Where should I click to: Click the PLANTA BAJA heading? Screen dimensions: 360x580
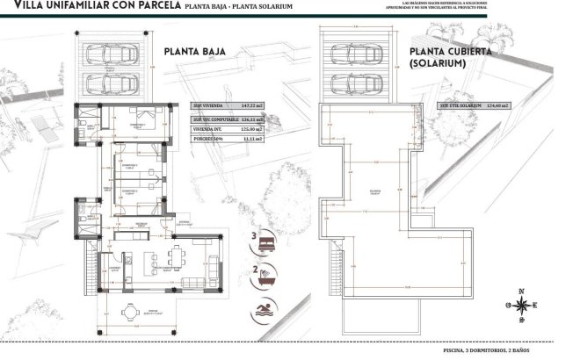click(x=195, y=52)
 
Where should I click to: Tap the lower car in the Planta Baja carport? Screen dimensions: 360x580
click(x=117, y=83)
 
